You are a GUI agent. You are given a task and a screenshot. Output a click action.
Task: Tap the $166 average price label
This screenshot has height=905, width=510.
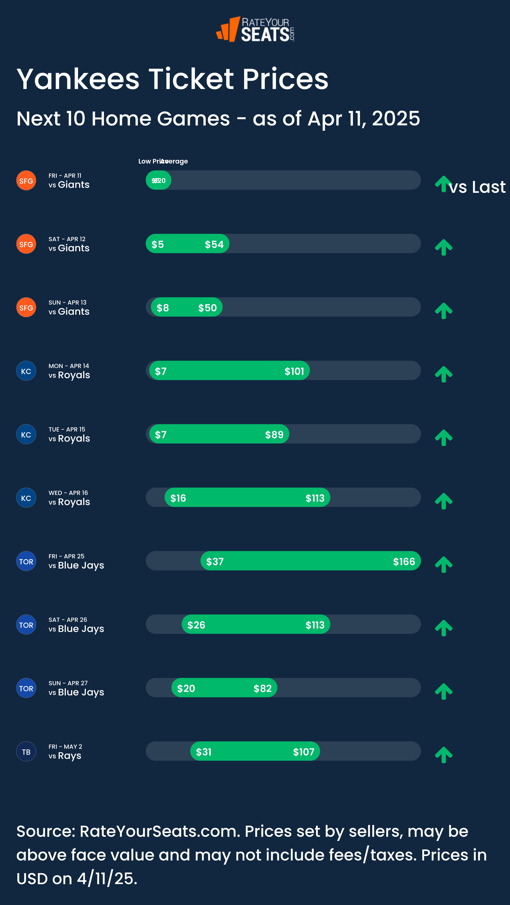[x=404, y=561]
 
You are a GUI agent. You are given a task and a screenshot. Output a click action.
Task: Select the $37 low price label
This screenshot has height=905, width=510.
[x=215, y=561]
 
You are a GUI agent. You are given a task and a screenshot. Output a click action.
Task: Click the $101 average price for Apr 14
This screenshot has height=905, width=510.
[x=294, y=371]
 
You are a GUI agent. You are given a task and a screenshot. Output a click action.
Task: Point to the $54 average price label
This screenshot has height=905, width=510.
[x=214, y=244]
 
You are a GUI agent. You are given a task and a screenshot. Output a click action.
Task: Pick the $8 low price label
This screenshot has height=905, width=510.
[x=163, y=308]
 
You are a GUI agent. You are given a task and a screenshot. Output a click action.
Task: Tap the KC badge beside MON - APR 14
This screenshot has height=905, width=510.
[x=26, y=371]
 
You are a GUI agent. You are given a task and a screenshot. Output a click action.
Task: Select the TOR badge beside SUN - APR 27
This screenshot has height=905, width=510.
[x=26, y=688]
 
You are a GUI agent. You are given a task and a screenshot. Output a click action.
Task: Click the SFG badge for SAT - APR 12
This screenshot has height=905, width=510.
[x=26, y=244]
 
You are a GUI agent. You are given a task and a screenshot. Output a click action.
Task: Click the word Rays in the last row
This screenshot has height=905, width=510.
[x=70, y=756]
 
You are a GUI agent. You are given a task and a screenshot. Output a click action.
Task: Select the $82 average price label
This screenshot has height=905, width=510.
[x=262, y=688]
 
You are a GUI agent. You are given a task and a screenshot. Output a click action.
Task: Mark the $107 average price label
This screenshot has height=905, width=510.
[x=304, y=752]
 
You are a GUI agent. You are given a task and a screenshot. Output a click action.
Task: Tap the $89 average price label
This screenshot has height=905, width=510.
[x=274, y=435]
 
